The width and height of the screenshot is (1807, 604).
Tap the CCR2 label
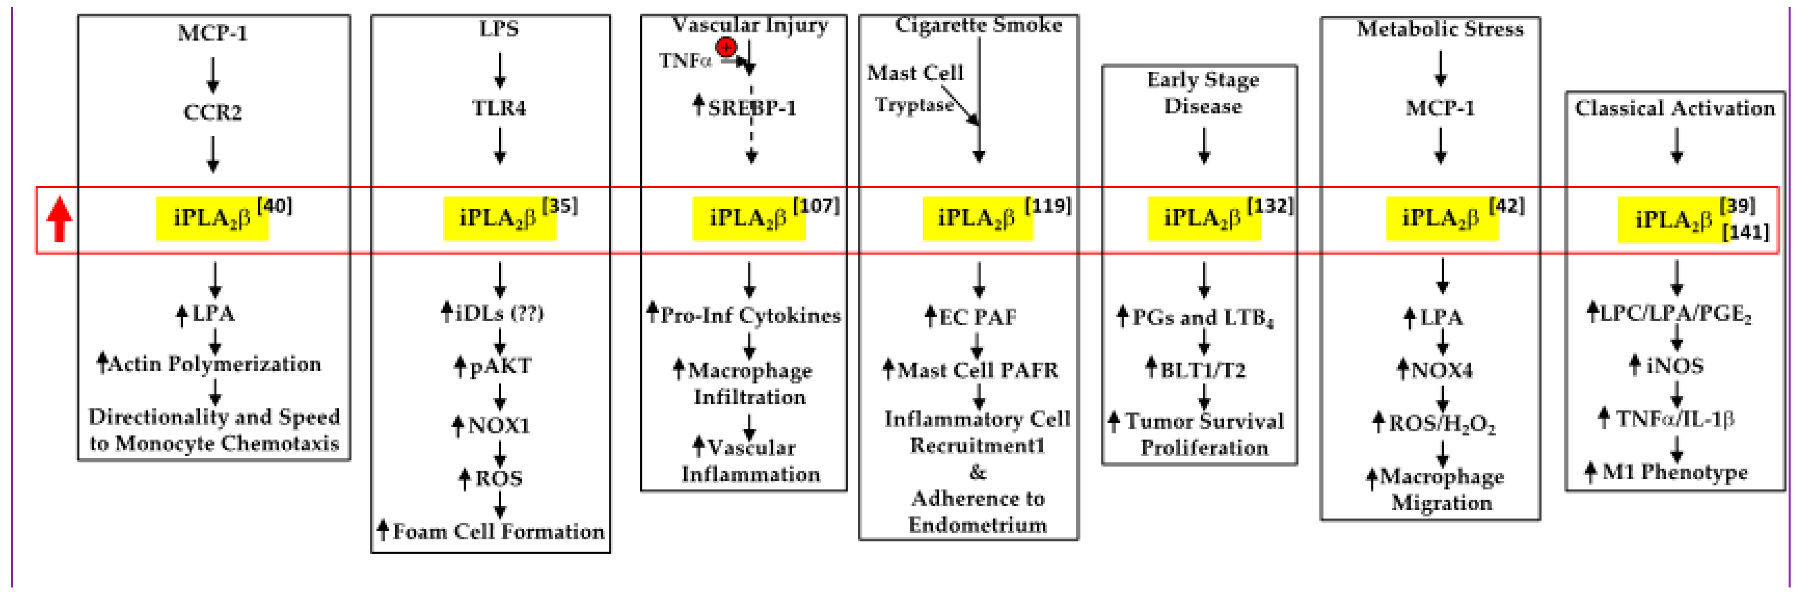213,112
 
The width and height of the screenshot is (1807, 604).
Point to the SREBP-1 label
751,108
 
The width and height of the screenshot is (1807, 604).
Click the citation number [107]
816,206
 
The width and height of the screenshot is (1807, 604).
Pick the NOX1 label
499,425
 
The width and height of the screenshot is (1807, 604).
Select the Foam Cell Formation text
498,532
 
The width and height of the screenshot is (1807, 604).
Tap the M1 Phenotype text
1674,472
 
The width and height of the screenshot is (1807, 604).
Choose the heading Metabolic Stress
1440,29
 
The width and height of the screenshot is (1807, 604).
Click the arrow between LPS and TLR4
500,70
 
